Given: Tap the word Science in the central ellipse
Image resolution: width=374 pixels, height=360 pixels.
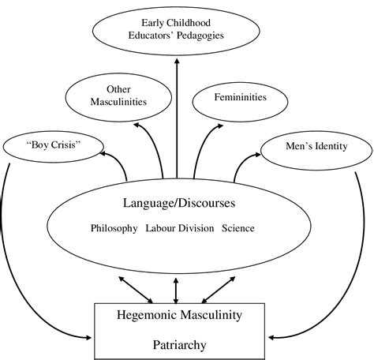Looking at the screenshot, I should click(x=238, y=229).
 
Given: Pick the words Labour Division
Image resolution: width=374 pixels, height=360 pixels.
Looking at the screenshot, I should click(x=178, y=229).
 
